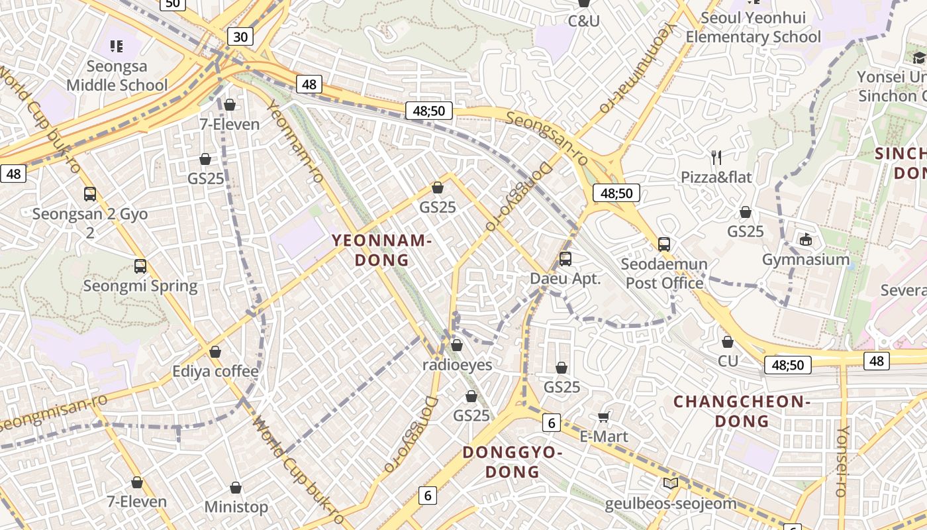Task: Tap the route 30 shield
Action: pyautogui.click(x=240, y=36)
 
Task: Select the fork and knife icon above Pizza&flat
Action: pyautogui.click(x=716, y=157)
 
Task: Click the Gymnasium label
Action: pyautogui.click(x=805, y=259)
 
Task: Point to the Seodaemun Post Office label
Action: pyautogui.click(x=664, y=274)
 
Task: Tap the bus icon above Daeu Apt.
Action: pyautogui.click(x=565, y=258)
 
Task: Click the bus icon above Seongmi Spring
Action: pyautogui.click(x=140, y=266)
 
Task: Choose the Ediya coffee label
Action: pyautogui.click(x=215, y=371)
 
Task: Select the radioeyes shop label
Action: pyautogui.click(x=457, y=365)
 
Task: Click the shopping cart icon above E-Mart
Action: pyautogui.click(x=603, y=417)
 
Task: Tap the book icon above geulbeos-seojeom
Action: pyautogui.click(x=671, y=483)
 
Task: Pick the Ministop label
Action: pyautogui.click(x=236, y=507)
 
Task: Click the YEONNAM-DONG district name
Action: pyautogui.click(x=381, y=250)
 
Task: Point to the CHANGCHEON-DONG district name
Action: pyautogui.click(x=742, y=411)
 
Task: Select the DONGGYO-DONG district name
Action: pyautogui.click(x=512, y=462)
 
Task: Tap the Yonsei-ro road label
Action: pyautogui.click(x=842, y=461)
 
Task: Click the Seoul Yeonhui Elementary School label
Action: pyautogui.click(x=753, y=27)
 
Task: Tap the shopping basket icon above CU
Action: pyautogui.click(x=728, y=342)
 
